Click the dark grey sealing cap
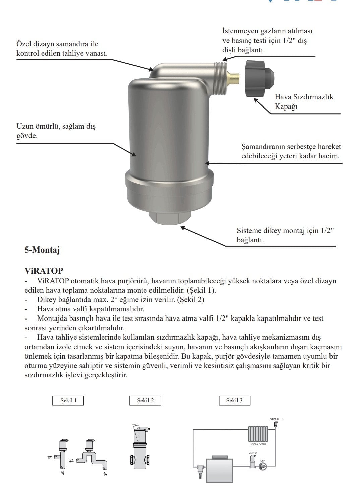(x=259, y=78)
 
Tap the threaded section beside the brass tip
(x=220, y=76)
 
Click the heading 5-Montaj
(x=42, y=250)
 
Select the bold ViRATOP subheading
(x=44, y=271)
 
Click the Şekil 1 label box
(x=68, y=401)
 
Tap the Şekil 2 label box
(x=145, y=401)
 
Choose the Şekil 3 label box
(x=234, y=401)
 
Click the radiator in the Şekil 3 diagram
(x=258, y=434)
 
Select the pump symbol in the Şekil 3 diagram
(x=262, y=466)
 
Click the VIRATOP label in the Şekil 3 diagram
(x=276, y=419)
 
